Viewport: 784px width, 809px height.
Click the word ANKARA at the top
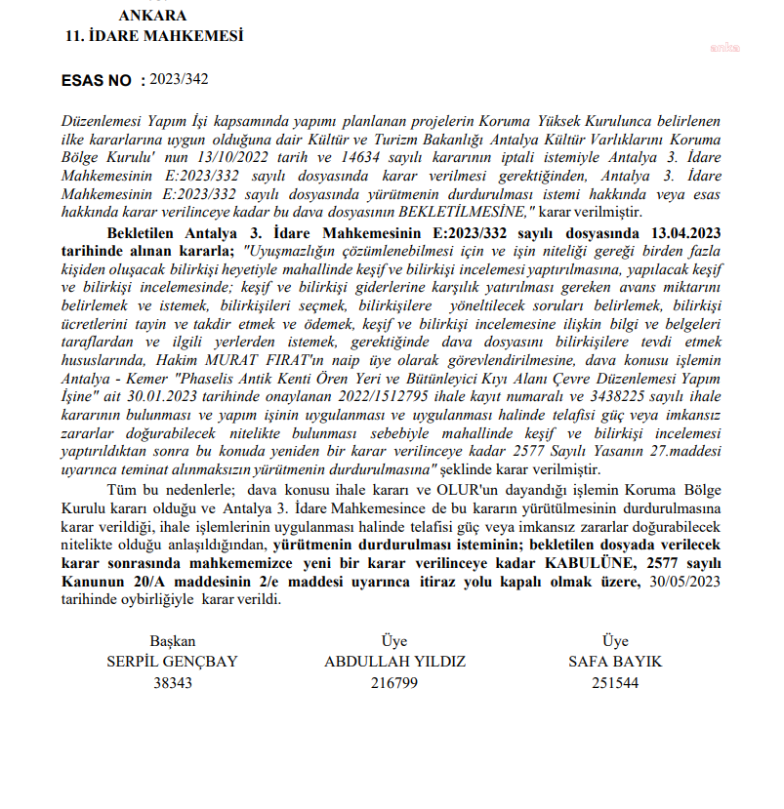[151, 16]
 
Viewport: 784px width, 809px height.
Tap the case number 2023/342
[181, 79]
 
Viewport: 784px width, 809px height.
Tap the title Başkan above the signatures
[173, 641]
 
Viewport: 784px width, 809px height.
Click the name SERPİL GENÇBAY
[172, 662]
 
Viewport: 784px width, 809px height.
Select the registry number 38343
[173, 683]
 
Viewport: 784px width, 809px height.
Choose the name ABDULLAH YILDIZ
[394, 662]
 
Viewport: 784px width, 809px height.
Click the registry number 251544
[615, 683]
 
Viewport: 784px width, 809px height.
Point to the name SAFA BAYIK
[615, 662]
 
